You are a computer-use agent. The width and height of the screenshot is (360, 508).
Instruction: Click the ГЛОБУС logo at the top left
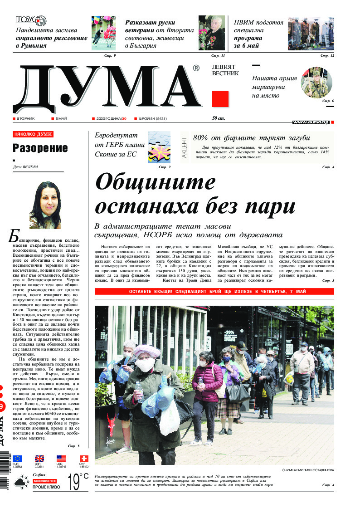31,20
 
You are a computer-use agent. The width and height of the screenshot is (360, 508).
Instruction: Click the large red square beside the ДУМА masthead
220,99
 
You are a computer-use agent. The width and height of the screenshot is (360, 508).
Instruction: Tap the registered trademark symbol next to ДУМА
196,68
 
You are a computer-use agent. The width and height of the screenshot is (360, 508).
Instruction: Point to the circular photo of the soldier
316,82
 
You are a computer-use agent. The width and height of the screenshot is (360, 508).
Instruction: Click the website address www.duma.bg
310,122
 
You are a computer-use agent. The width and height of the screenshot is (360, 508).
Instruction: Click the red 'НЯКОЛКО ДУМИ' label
33,135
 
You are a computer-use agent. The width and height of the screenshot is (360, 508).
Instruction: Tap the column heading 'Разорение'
40,148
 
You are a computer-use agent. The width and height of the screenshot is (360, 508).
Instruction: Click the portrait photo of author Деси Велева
45,205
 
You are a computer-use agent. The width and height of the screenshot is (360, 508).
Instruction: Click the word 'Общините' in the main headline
156,183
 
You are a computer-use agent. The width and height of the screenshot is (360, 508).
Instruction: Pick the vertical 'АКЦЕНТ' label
184,147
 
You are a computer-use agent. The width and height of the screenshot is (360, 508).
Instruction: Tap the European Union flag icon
17,459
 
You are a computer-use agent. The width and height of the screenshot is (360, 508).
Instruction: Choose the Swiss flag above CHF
83,459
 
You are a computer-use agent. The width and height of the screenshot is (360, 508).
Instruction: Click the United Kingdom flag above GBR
39,459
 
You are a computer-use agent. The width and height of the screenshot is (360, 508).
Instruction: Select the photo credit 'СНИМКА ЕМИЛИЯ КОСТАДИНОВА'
307,470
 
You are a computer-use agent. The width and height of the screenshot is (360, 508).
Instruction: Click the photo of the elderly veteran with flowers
212,33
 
